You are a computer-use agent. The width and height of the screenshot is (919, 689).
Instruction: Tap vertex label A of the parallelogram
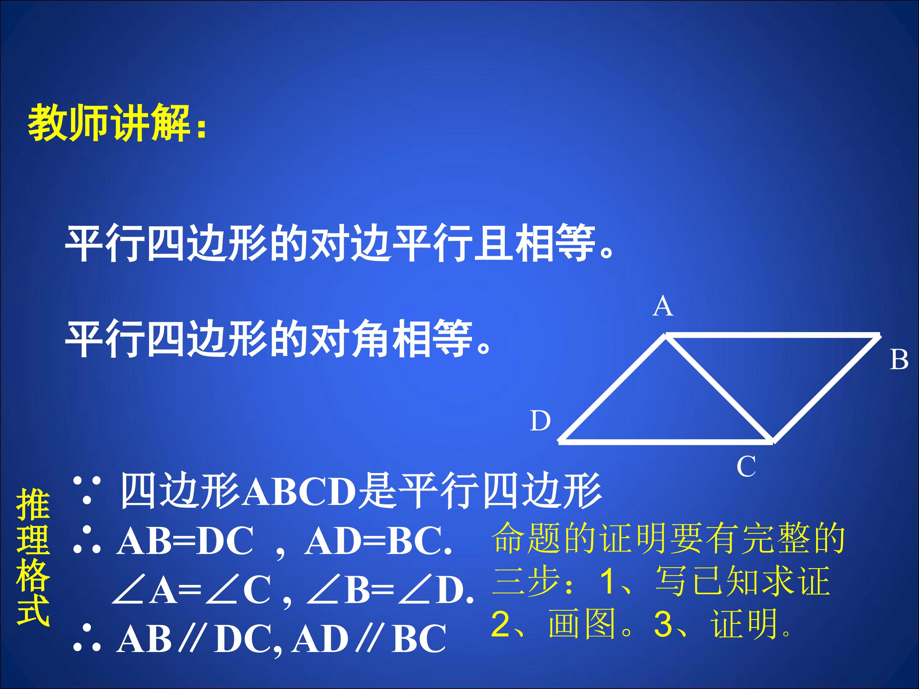(x=663, y=307)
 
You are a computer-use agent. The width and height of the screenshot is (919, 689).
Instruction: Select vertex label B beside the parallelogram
(x=899, y=359)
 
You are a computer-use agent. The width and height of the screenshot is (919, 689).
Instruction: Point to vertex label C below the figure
(x=746, y=467)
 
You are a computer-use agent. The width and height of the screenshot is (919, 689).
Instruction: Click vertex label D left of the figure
(x=540, y=421)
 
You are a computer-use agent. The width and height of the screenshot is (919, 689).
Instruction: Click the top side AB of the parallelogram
(x=773, y=335)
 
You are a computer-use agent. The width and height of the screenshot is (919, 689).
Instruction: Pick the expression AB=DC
(x=185, y=541)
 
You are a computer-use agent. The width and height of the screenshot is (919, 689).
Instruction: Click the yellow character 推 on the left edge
(x=33, y=505)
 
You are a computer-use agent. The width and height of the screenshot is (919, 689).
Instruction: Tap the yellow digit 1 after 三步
(x=608, y=581)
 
